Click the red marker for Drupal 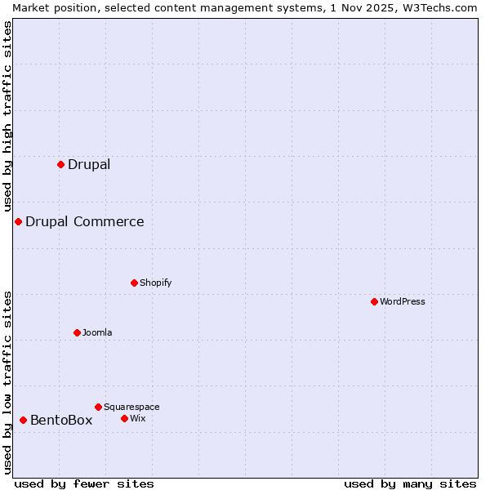[60, 164]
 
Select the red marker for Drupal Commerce [18, 221]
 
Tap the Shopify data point [134, 283]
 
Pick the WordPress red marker [374, 301]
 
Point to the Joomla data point [77, 332]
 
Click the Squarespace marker [98, 407]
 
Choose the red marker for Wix [124, 418]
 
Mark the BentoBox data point [23, 420]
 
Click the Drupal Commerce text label [84, 221]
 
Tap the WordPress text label [403, 301]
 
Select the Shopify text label [155, 283]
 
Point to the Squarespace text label [131, 407]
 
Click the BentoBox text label [61, 420]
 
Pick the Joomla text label [97, 332]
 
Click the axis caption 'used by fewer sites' [84, 483]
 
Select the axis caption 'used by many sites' [410, 483]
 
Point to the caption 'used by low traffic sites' [8, 382]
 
